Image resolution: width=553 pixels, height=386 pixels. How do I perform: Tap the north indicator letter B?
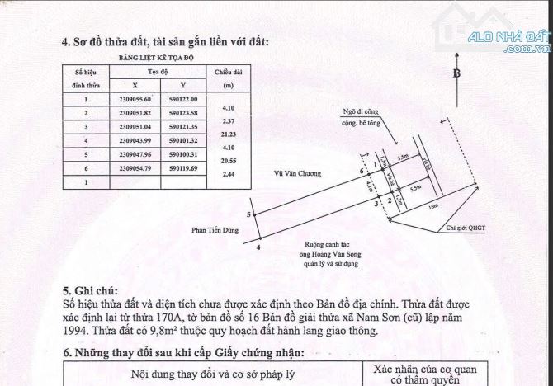[455, 73]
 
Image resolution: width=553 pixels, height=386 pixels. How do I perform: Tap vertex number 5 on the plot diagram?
[257, 214]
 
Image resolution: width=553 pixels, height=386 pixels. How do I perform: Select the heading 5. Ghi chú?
[90, 292]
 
